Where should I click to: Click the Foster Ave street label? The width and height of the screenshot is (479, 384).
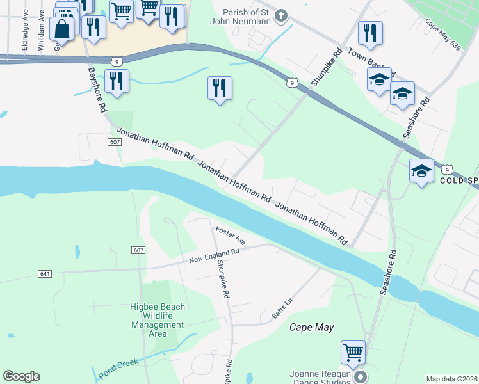pyautogui.click(x=231, y=235)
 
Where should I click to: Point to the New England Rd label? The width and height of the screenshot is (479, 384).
pyautogui.click(x=214, y=256)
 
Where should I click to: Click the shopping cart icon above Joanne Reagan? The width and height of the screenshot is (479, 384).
pyautogui.click(x=353, y=351)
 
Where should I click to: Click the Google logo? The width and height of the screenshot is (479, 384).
pyautogui.click(x=21, y=376)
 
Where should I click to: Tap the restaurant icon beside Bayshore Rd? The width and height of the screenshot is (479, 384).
pyautogui.click(x=116, y=81)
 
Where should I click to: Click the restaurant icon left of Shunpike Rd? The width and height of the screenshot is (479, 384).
pyautogui.click(x=220, y=88)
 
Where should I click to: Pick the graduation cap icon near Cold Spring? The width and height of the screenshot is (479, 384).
pyautogui.click(x=421, y=171)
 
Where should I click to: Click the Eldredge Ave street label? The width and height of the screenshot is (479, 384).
pyautogui.click(x=25, y=38)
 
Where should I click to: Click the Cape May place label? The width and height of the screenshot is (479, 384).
pyautogui.click(x=312, y=327)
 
